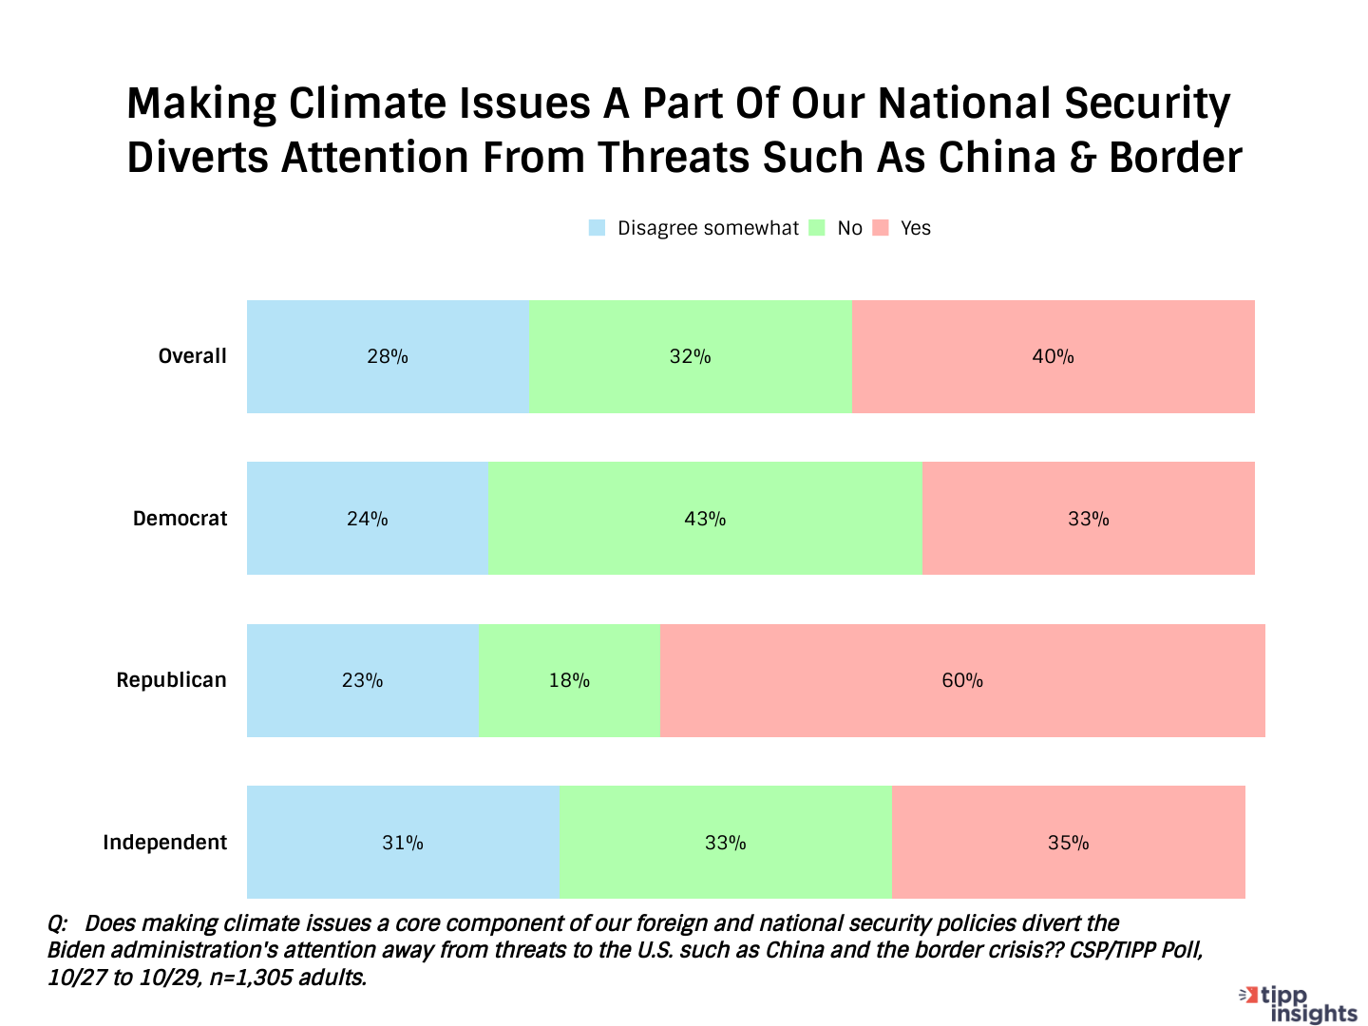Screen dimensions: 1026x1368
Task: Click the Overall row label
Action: coord(192,356)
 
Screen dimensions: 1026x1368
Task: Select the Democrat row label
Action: coord(180,519)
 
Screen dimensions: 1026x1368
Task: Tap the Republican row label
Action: coord(171,680)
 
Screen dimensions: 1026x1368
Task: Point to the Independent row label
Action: coord(164,843)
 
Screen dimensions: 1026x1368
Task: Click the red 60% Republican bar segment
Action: coord(962,680)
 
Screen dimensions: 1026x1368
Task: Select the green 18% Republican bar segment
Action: coord(569,680)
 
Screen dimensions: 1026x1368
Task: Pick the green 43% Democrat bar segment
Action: coord(705,519)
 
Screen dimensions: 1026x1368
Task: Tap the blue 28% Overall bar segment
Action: coord(388,356)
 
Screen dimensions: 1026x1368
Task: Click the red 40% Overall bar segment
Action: coord(1053,356)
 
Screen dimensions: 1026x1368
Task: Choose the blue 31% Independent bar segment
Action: coord(403,843)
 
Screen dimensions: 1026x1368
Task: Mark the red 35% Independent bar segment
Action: coord(1068,843)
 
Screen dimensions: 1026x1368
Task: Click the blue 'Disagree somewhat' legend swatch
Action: coord(597,228)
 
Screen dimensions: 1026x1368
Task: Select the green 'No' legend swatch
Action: coord(817,228)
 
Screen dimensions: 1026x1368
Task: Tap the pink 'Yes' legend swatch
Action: coord(881,228)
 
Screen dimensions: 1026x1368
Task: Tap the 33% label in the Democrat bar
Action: coord(1089,519)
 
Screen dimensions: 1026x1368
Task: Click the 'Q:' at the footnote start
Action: coord(57,923)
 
